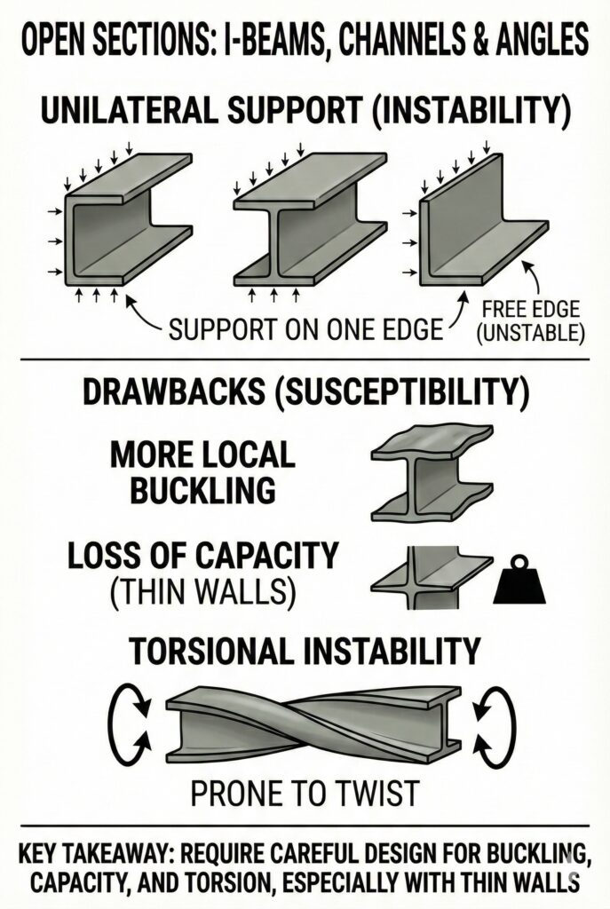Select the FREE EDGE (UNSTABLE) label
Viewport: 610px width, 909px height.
(x=532, y=321)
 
